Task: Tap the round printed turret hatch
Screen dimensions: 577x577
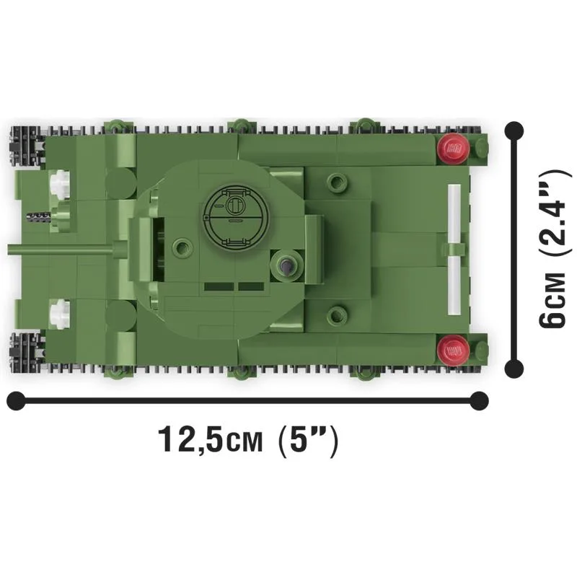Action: click(x=237, y=216)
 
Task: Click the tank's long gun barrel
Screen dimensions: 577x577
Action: click(x=61, y=249)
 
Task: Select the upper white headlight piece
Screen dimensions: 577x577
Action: click(x=60, y=184)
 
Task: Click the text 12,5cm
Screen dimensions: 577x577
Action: click(x=211, y=440)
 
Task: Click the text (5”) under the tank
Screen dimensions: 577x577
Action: click(x=308, y=441)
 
